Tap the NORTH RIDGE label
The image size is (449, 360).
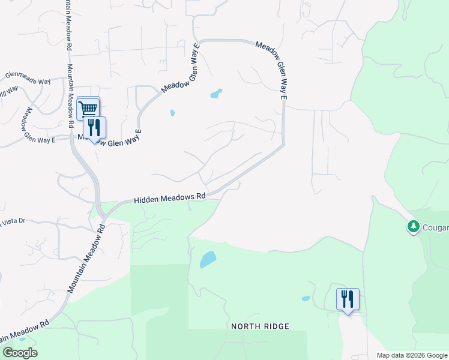coord(261,326)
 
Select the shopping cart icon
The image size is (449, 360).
coord(88,109)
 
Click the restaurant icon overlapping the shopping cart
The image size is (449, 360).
coord(94,128)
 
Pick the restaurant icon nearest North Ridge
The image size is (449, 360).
coord(348,299)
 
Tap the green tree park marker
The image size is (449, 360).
coord(413,227)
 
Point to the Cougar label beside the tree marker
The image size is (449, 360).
coord(435,227)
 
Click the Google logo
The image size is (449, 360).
coord(20,353)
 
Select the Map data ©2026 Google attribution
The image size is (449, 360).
coord(412,355)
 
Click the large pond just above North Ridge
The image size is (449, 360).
coord(207,259)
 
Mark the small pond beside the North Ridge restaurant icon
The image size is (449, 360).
coord(306,298)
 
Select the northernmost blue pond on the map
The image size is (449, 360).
coord(215,94)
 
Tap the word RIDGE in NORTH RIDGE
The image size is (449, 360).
coord(276,326)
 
